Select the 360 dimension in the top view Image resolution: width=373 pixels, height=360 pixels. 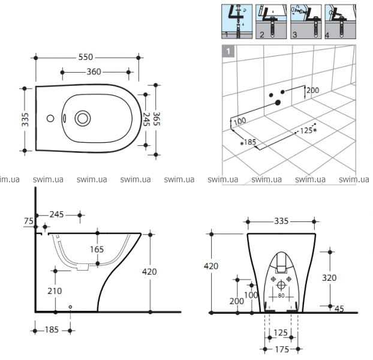click(93, 72)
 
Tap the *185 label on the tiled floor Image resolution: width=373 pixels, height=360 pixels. click(248, 143)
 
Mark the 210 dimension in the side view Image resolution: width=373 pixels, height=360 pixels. click(55, 292)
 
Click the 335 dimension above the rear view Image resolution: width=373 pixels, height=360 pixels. click(281, 221)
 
